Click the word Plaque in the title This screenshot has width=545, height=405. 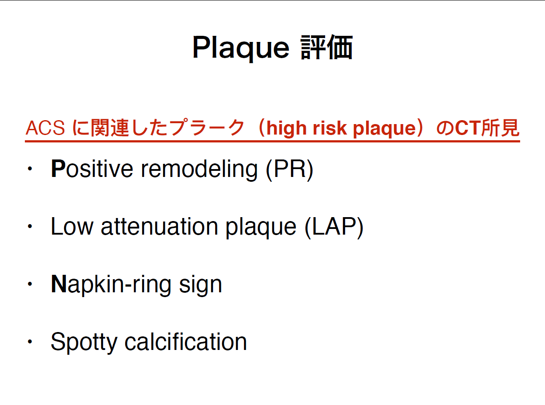coord(241,48)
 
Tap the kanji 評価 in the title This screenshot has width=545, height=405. coord(326,47)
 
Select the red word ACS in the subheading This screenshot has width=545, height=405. coord(45,128)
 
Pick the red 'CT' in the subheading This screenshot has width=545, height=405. coord(468,128)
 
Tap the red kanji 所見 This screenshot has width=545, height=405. coord(500,128)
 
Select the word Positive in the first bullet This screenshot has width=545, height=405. coord(92,169)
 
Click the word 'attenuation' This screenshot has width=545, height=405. coord(159,227)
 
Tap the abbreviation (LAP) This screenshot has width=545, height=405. coord(334,227)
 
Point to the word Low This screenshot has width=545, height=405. coord(72,226)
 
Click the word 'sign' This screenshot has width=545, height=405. coord(201,285)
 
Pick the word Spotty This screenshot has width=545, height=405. coord(84,342)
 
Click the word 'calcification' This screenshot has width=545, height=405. coord(186,342)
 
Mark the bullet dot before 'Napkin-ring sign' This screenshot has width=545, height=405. coord(30,284)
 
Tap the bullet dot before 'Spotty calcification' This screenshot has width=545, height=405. coord(30,342)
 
